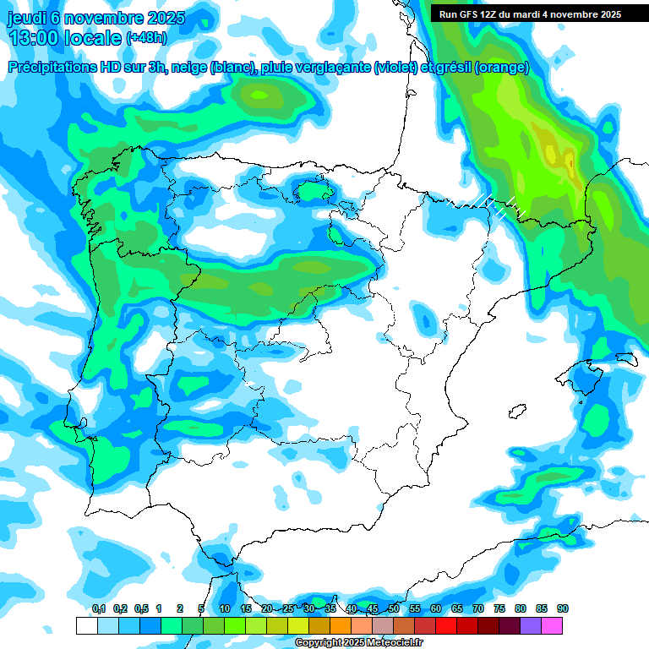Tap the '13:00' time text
pyautogui.click(x=37, y=37)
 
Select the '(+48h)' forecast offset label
pyautogui.click(x=147, y=38)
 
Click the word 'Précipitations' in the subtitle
pyautogui.click(x=52, y=68)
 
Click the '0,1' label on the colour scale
pyautogui.click(x=99, y=608)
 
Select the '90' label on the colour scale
pyautogui.click(x=563, y=608)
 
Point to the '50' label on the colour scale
pyautogui.click(x=394, y=608)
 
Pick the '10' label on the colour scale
pyautogui.click(x=225, y=608)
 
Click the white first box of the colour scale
pyautogui.click(x=86, y=625)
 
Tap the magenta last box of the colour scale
pyautogui.click(x=552, y=625)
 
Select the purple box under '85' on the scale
pyautogui.click(x=531, y=625)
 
